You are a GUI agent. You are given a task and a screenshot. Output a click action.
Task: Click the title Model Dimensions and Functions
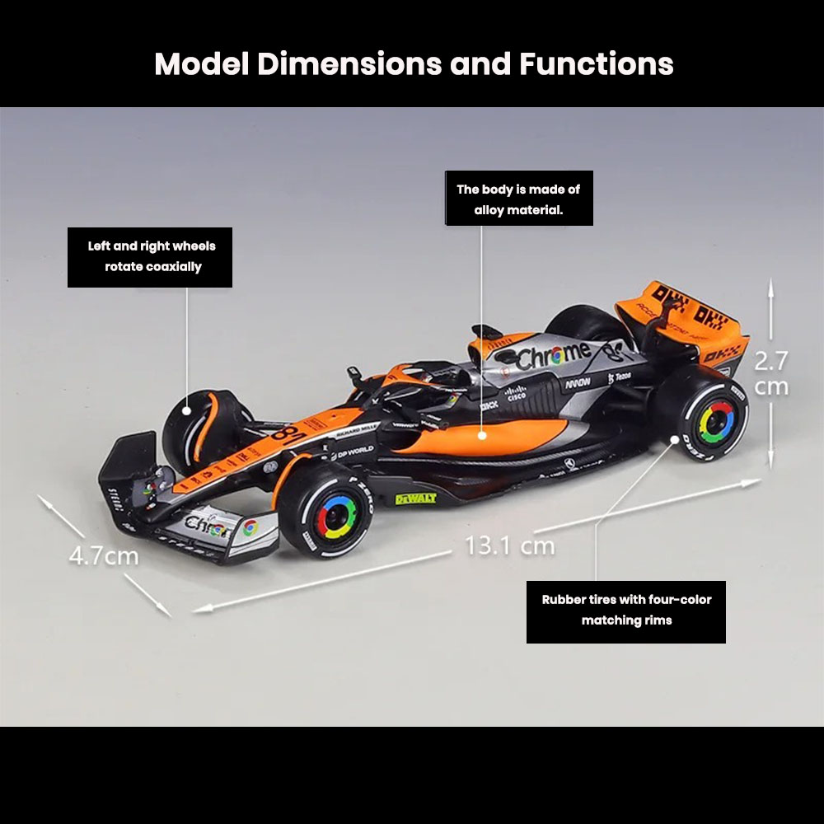coord(414,64)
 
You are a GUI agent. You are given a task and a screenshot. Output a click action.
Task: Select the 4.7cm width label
coord(103,555)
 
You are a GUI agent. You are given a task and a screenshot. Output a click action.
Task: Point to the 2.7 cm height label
coord(771,373)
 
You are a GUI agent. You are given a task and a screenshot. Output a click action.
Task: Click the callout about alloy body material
coord(518,199)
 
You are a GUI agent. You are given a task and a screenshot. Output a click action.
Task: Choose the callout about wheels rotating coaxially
coord(150,257)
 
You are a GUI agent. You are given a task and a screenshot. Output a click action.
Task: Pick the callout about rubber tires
coord(626,611)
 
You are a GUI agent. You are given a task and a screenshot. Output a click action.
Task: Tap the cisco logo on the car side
coord(515,395)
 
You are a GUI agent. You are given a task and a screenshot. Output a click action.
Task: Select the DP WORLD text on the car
coord(352,451)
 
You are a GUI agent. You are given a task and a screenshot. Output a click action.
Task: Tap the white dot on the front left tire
coord(188,409)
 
